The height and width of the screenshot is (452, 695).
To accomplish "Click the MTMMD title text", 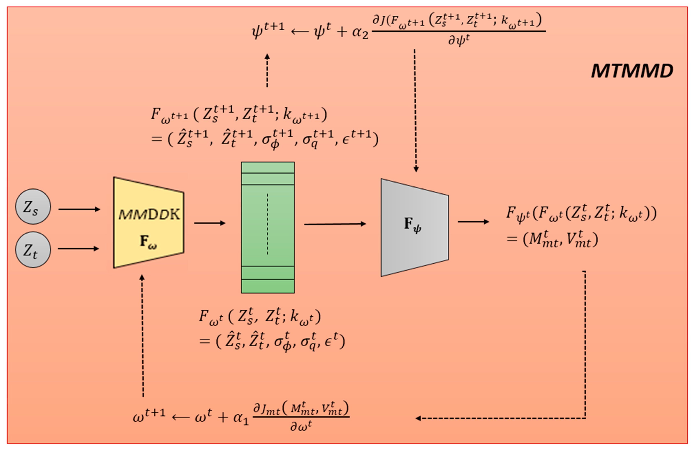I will click(632, 71).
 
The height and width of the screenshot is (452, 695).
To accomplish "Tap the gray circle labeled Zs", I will click(33, 207).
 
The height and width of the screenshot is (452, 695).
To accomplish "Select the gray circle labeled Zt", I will click(33, 250).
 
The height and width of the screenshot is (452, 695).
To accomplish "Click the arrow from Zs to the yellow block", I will click(79, 209).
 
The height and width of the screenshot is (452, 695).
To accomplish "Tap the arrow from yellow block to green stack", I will click(210, 223).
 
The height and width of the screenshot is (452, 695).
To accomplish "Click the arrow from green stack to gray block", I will click(335, 224).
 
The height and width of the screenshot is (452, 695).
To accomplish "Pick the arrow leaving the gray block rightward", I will click(473, 222).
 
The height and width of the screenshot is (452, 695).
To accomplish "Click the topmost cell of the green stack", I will click(268, 168).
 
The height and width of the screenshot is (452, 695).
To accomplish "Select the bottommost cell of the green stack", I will click(268, 286).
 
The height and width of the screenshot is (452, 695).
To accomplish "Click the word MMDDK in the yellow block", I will click(149, 215).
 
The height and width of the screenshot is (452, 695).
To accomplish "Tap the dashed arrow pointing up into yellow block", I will click(142, 336).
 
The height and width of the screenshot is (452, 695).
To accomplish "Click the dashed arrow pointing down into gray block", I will click(415, 111).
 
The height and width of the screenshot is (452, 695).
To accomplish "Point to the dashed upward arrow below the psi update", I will click(267, 70).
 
